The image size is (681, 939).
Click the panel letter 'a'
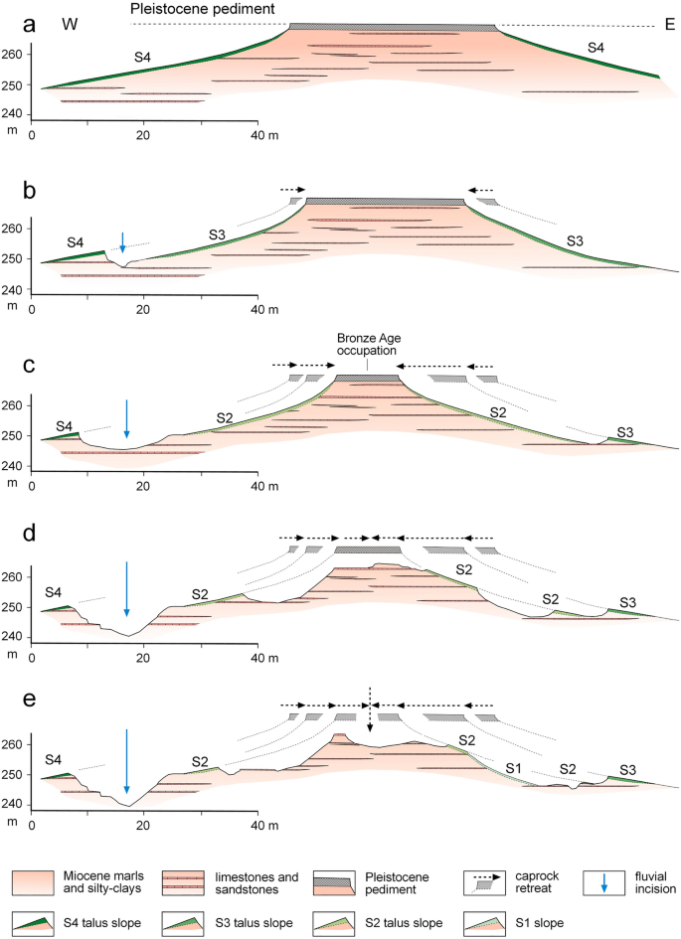[12, 17]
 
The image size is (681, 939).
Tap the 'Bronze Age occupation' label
[367, 345]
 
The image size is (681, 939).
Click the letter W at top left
[71, 21]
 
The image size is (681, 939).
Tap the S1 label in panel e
[512, 769]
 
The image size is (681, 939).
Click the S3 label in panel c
[625, 431]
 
